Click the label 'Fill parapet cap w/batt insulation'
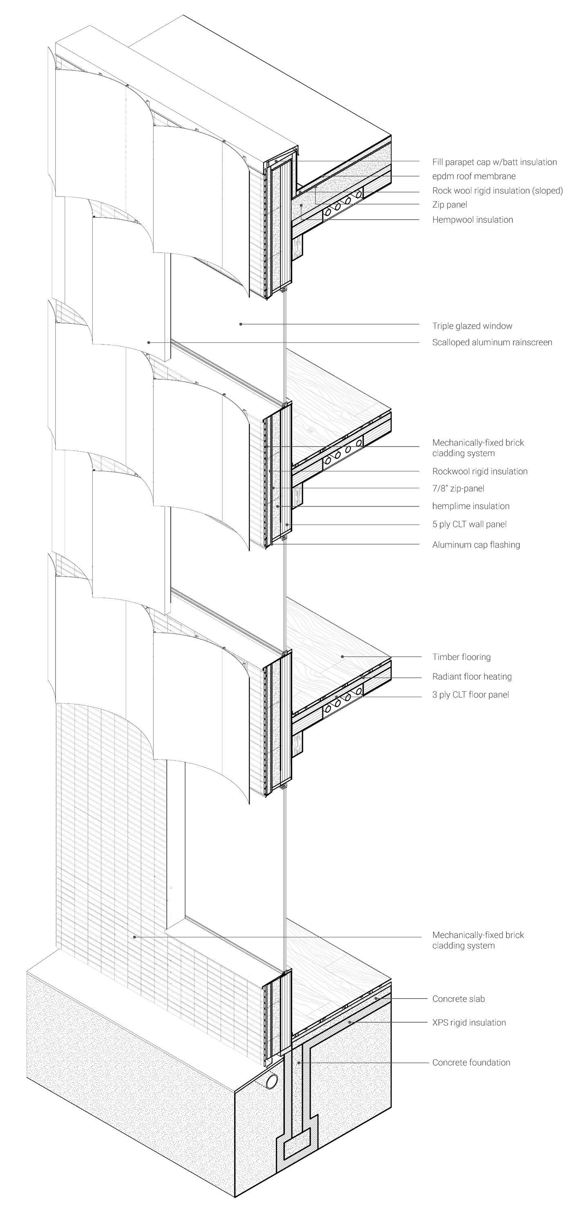tap(494, 162)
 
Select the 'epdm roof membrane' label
tap(474, 176)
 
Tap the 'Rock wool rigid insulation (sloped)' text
tap(497, 190)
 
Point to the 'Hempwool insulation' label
tap(472, 219)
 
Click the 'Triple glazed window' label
tap(472, 326)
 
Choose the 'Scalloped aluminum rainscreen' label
tap(492, 342)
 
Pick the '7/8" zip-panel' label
tap(458, 488)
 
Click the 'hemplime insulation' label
tap(471, 506)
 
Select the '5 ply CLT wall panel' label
tap(469, 524)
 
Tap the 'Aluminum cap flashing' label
tap(476, 545)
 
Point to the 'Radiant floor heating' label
tap(472, 677)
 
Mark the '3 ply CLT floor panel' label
tap(470, 694)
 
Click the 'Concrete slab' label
tap(458, 999)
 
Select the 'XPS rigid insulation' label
tap(469, 1023)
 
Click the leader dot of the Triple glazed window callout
tap(241, 324)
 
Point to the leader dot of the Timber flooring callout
tap(342, 656)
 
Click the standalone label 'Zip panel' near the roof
tap(450, 205)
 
